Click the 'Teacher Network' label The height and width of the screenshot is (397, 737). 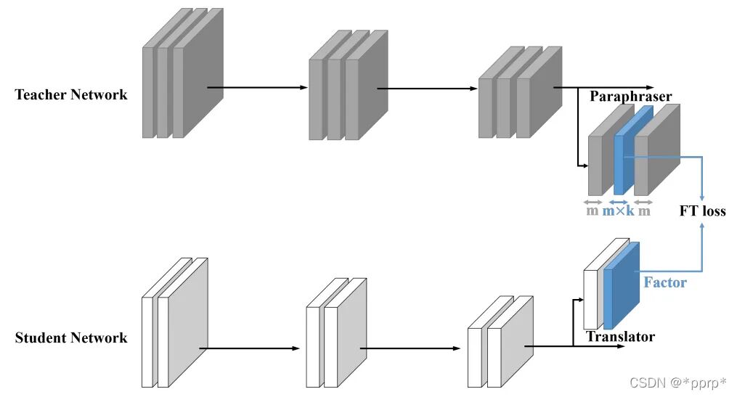click(x=71, y=95)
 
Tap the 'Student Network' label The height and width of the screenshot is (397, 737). click(x=71, y=337)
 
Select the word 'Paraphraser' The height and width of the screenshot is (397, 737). click(x=630, y=97)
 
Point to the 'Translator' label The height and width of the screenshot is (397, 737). click(x=620, y=337)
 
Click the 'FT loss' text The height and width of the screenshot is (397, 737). click(x=701, y=212)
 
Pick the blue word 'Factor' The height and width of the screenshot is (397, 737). click(x=664, y=282)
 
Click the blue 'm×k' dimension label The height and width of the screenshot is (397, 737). click(x=618, y=212)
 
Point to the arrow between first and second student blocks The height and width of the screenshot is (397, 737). click(x=254, y=348)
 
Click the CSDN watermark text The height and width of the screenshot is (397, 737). click(x=677, y=382)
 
